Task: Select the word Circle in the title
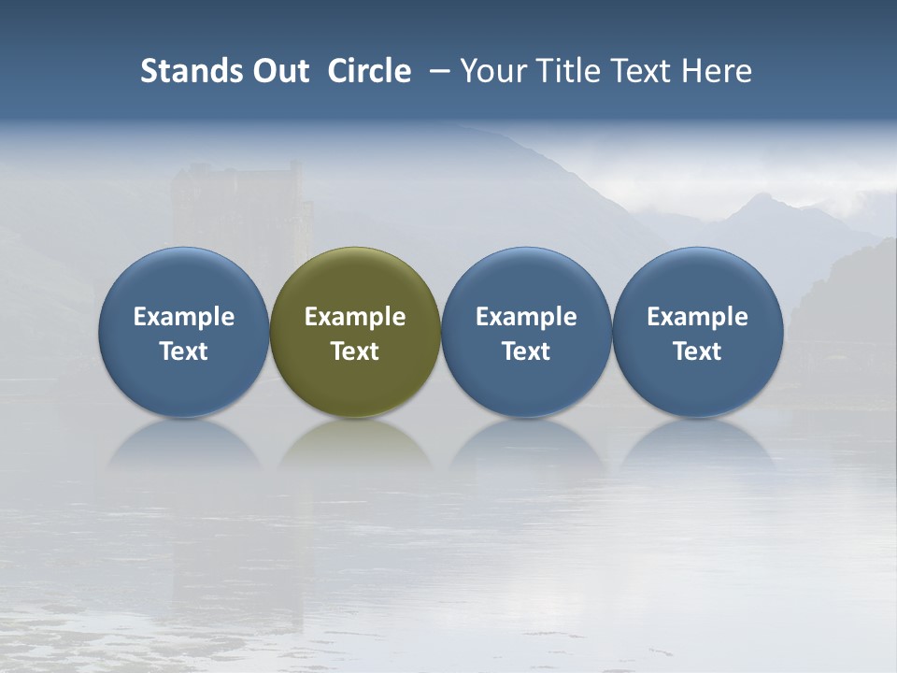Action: coord(369,71)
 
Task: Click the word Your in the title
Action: coord(490,71)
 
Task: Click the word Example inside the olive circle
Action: coord(355,317)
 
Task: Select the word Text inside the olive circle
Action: coord(355,351)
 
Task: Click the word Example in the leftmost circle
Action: coord(184,317)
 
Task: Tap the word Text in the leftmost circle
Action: coord(184,351)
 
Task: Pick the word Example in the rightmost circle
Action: coord(697,317)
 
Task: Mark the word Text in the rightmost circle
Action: coord(697,351)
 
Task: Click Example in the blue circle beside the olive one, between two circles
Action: coord(526,317)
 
